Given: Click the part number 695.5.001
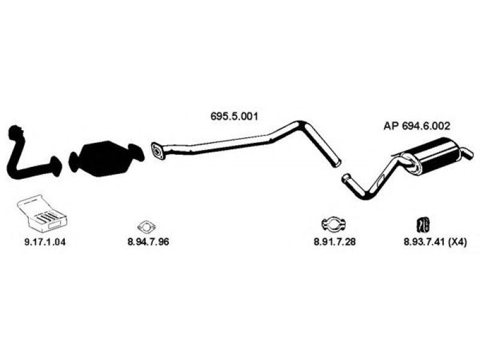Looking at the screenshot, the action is pos(234,116).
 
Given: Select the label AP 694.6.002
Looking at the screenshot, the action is pos(416,126).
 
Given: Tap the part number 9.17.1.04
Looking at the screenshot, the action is pos(45,242).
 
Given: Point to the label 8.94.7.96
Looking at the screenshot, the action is pos(148,242).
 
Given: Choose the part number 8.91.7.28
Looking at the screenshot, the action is pos(335,242).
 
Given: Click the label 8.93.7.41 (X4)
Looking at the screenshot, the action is pos(435,242).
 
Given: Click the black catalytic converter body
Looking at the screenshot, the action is pos(106,158).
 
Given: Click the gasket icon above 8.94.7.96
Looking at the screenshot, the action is pos(146,227).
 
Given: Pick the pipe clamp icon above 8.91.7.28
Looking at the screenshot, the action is pos(334,224).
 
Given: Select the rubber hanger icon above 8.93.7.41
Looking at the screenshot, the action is pos(423,224).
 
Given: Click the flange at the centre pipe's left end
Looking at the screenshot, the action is pos(157,151).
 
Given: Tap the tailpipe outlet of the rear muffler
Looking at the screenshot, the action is pos(468,154).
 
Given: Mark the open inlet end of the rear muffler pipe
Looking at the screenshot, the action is pos(346,178).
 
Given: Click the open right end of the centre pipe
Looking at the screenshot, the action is pos(337,163).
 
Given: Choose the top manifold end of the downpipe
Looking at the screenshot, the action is pos(16,131).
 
